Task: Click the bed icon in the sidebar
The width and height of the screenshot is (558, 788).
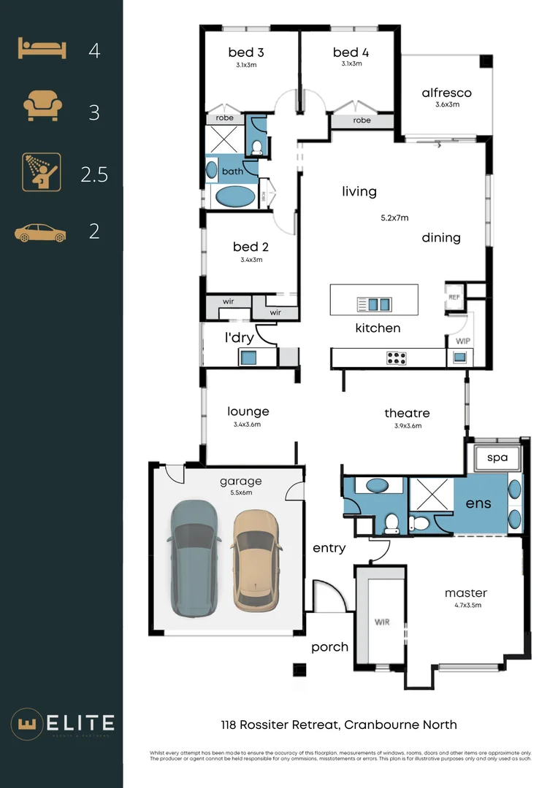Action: coord(42,50)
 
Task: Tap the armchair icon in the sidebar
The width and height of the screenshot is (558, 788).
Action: coord(41,107)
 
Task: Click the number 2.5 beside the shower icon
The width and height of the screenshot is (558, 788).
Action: coord(94,175)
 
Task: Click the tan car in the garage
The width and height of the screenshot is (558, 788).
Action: coord(256,560)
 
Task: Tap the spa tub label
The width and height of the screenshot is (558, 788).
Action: coord(497,459)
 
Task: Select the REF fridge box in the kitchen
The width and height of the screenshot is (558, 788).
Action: coord(454,297)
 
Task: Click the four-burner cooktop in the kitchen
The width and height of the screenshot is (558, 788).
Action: coord(396,358)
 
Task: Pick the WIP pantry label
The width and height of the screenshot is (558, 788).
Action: coord(462,341)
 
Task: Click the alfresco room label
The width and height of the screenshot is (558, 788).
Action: coord(446,93)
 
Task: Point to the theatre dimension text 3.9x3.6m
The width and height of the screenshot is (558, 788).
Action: coord(407,425)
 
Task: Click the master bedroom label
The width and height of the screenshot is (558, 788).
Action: coord(465,592)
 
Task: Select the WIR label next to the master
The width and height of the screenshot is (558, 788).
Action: coord(381,622)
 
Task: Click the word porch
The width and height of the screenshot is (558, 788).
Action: coord(329,646)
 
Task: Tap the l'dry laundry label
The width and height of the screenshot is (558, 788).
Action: coord(238,337)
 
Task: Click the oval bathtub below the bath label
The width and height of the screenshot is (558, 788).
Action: coord(234,197)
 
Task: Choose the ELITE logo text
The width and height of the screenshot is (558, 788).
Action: coord(78,723)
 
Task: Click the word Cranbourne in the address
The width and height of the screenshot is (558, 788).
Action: coord(380,725)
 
